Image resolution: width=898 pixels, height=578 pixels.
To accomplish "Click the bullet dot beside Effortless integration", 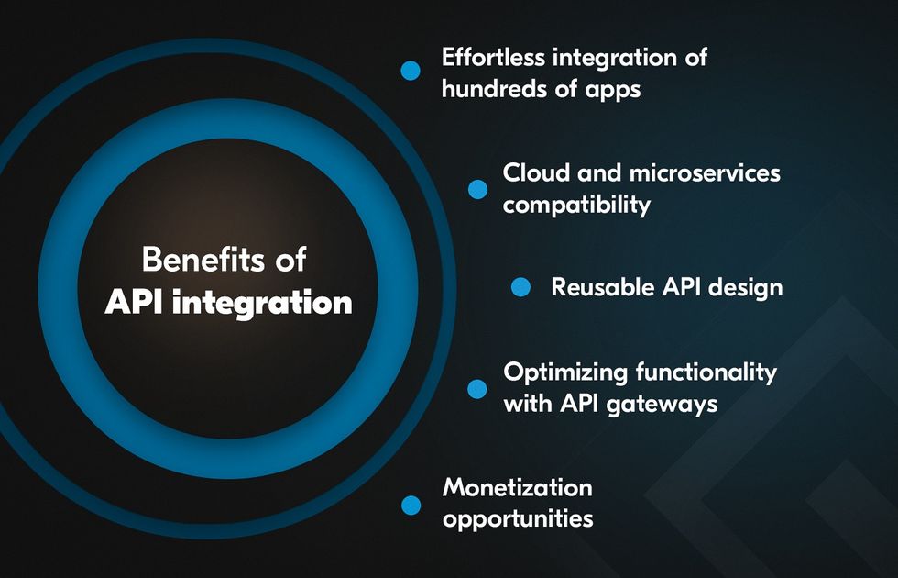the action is (x=411, y=71).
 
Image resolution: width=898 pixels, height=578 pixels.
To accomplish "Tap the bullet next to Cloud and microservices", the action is (x=477, y=189).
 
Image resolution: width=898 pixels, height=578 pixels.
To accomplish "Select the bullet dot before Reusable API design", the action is (x=520, y=286).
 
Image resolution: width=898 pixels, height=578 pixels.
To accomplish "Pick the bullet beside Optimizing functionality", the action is (x=477, y=389).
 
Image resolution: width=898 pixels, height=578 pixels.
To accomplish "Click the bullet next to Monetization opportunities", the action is (x=411, y=506).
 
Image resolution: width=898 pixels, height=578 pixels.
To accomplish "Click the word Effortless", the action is (x=493, y=57).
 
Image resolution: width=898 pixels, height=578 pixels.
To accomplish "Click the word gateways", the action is (x=662, y=405).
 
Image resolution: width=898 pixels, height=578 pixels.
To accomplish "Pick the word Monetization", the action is (x=518, y=488).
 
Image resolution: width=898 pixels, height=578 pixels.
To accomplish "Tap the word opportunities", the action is (x=518, y=520).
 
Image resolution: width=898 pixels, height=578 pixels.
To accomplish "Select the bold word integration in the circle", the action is (x=262, y=304).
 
